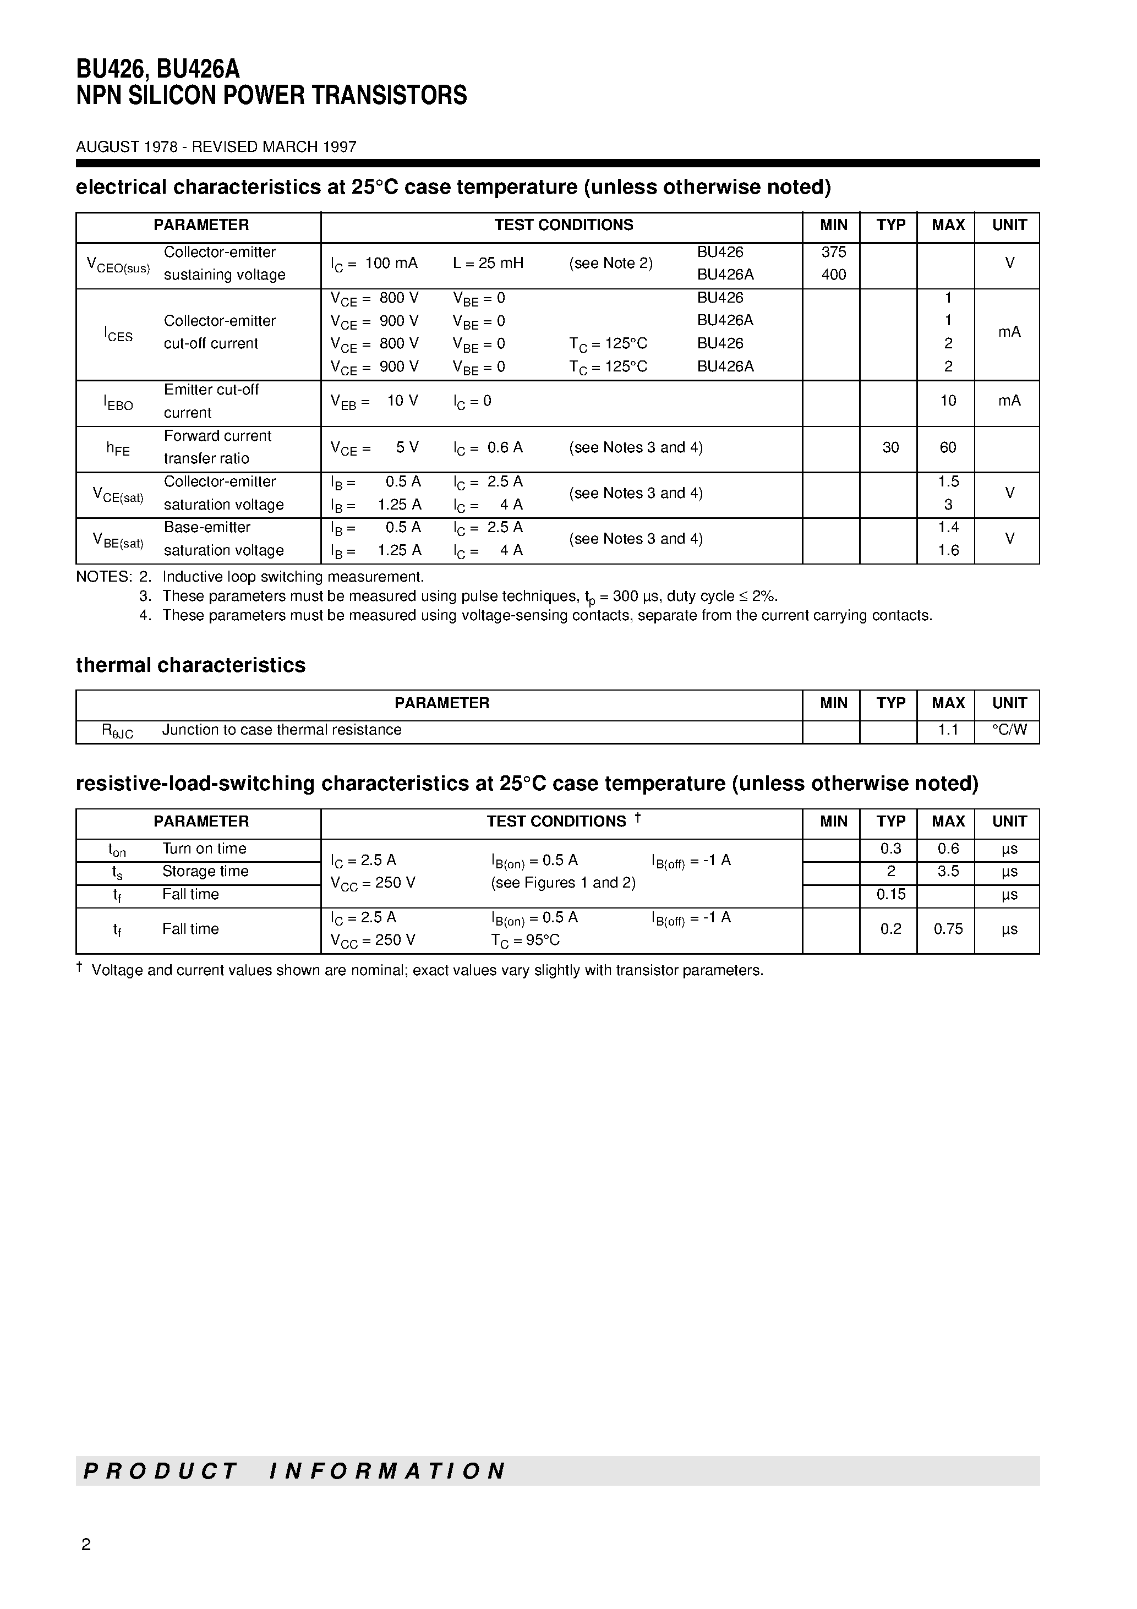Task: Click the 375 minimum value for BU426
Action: coord(833,251)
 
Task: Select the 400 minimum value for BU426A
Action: coord(833,275)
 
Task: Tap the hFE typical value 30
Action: coord(890,447)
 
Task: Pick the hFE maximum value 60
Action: coord(948,447)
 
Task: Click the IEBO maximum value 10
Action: coord(948,401)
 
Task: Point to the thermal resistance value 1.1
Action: coord(948,730)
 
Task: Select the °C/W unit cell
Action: coord(1009,730)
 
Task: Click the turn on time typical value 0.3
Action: coord(890,849)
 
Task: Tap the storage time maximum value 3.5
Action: coord(948,872)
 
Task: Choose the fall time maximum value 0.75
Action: coord(948,929)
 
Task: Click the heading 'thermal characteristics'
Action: coord(190,665)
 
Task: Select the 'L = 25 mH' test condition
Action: coord(488,263)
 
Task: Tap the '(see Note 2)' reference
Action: coord(610,263)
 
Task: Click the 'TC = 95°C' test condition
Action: coord(525,940)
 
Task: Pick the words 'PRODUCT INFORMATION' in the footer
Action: coord(294,1471)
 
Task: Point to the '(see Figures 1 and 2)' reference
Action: coord(563,883)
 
